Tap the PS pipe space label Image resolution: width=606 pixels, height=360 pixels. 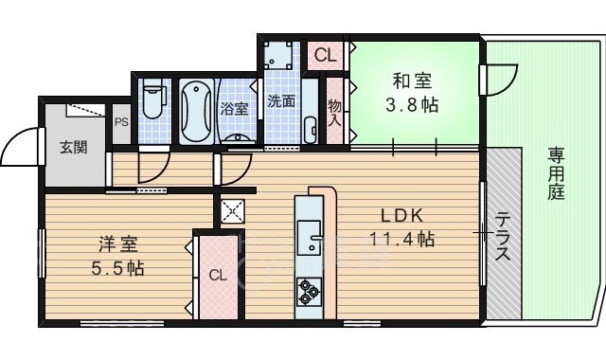121,121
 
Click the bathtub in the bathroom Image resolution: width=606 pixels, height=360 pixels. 197,112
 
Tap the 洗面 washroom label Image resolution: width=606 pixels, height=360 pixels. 280,99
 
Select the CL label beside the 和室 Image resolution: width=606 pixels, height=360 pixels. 325,55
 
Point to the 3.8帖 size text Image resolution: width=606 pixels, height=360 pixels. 414,104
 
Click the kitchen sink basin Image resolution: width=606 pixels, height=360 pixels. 310,236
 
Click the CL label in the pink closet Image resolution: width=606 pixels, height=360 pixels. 218,277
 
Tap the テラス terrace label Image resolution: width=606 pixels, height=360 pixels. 502,236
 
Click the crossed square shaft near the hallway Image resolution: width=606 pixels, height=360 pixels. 232,210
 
